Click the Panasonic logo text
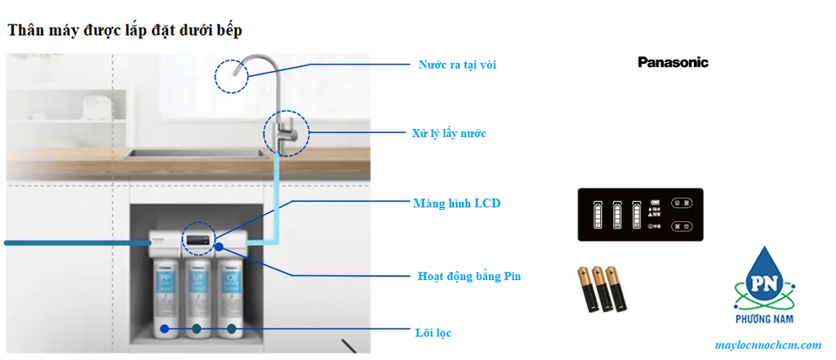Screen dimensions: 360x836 (673, 62)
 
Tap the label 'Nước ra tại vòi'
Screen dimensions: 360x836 (457, 64)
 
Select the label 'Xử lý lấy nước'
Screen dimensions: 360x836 (449, 132)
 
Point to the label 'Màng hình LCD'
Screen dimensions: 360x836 (456, 203)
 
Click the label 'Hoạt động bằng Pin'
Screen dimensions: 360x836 (469, 276)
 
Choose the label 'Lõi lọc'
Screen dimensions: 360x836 (433, 332)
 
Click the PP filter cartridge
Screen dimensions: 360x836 (166, 290)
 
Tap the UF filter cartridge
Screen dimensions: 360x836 (198, 290)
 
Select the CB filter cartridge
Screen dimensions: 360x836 (232, 290)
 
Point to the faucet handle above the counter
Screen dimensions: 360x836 (287, 131)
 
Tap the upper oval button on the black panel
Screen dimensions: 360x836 (681, 202)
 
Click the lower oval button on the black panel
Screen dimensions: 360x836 (681, 226)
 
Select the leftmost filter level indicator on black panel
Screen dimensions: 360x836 (597, 216)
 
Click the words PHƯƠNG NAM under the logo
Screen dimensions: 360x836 (763, 319)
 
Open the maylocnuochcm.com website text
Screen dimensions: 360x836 (767, 345)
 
